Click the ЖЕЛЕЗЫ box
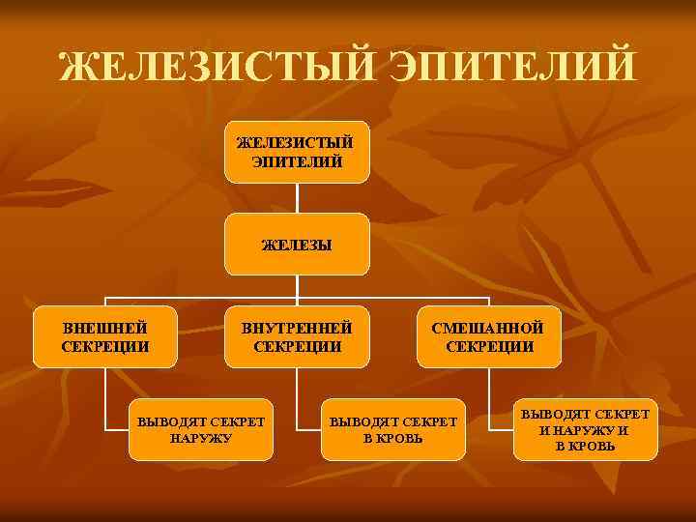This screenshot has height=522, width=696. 297,245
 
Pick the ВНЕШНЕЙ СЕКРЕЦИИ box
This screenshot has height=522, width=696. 105,337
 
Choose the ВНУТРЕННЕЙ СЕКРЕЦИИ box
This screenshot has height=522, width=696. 297,337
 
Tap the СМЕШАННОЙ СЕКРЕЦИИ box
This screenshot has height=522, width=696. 489,337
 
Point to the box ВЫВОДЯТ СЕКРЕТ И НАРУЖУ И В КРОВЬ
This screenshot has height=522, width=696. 586,430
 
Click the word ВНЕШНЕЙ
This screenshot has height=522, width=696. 105,329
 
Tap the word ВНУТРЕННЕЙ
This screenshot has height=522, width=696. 297,329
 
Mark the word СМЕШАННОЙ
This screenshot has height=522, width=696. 489,329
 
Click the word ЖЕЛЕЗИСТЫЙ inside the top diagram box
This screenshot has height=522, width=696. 297,143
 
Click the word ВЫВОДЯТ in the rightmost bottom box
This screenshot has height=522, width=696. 557,415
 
